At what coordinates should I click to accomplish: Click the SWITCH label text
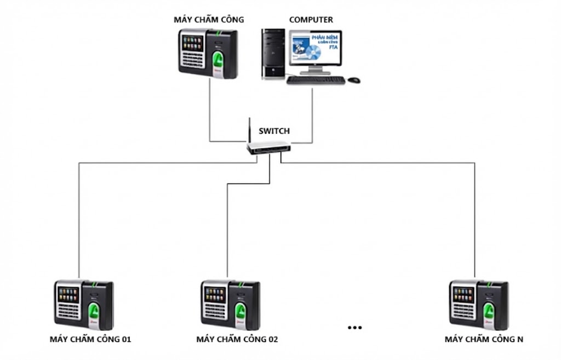274,132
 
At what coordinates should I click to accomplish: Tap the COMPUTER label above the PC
311,20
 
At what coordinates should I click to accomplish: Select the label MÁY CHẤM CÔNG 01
90,340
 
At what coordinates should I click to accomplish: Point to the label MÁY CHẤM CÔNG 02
237,340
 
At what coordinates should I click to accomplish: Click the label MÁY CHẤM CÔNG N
484,340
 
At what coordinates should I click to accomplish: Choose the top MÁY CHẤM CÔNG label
209,20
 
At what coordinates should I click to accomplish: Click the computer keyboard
316,80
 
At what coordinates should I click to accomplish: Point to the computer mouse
354,80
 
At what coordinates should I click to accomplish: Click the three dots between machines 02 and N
354,328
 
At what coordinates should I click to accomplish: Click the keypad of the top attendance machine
192,59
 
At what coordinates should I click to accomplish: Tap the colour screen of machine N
463,294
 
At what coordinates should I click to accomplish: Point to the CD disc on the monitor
314,53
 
